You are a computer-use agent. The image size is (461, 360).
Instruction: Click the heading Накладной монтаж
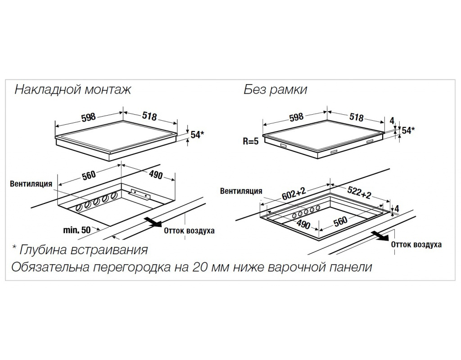[x=72, y=90]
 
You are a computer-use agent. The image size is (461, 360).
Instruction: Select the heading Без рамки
[x=275, y=90]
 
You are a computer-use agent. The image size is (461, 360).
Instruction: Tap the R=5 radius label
[x=250, y=141]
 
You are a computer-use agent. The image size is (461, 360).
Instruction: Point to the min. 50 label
[x=77, y=229]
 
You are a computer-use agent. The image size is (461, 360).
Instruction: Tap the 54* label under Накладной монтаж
[x=197, y=135]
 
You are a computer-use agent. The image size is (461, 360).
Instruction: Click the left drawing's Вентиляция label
[x=31, y=184]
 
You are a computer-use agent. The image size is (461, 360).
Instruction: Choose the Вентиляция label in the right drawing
[x=241, y=191]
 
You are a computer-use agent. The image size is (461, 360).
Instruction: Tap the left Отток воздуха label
[x=189, y=231]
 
